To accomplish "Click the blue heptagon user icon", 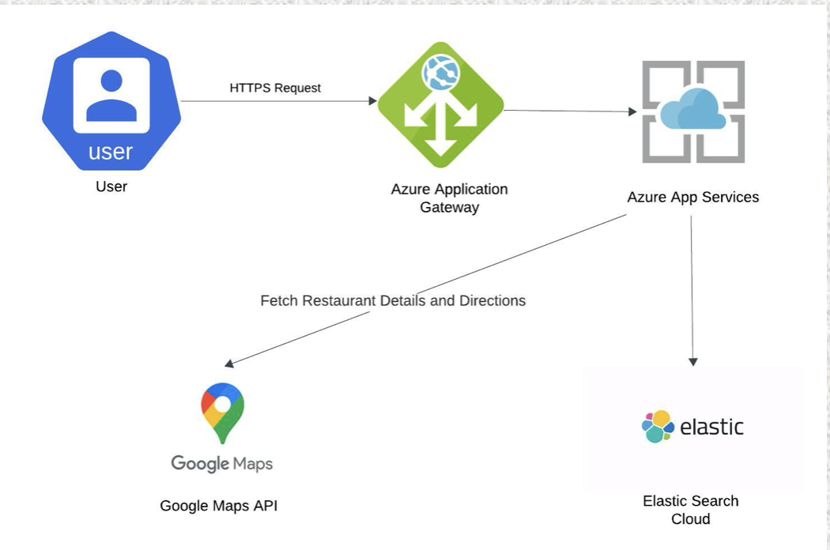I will pyautogui.click(x=111, y=100).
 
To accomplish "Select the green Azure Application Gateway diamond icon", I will pyautogui.click(x=440, y=106).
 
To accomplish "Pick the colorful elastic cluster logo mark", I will pyautogui.click(x=657, y=427).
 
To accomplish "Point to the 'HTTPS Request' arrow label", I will pyautogui.click(x=275, y=88).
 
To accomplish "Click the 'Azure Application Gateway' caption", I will pyautogui.click(x=449, y=198).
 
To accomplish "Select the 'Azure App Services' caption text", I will pyautogui.click(x=692, y=197).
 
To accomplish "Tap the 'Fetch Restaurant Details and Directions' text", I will pyautogui.click(x=393, y=301).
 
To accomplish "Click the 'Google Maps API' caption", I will pyautogui.click(x=219, y=506).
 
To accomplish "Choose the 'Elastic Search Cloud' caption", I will pyautogui.click(x=690, y=510).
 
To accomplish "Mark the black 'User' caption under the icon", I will pyautogui.click(x=111, y=187).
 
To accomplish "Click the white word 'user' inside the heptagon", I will pyautogui.click(x=111, y=151).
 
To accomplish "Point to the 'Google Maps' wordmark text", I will pyautogui.click(x=222, y=463).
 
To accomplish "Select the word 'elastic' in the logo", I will pyautogui.click(x=711, y=428).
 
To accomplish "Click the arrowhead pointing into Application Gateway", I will pyautogui.click(x=372, y=101).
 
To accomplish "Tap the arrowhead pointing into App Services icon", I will pyautogui.click(x=632, y=112).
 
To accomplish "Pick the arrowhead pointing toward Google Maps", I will pyautogui.click(x=229, y=364).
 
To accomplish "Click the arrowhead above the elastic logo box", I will pyautogui.click(x=692, y=361).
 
